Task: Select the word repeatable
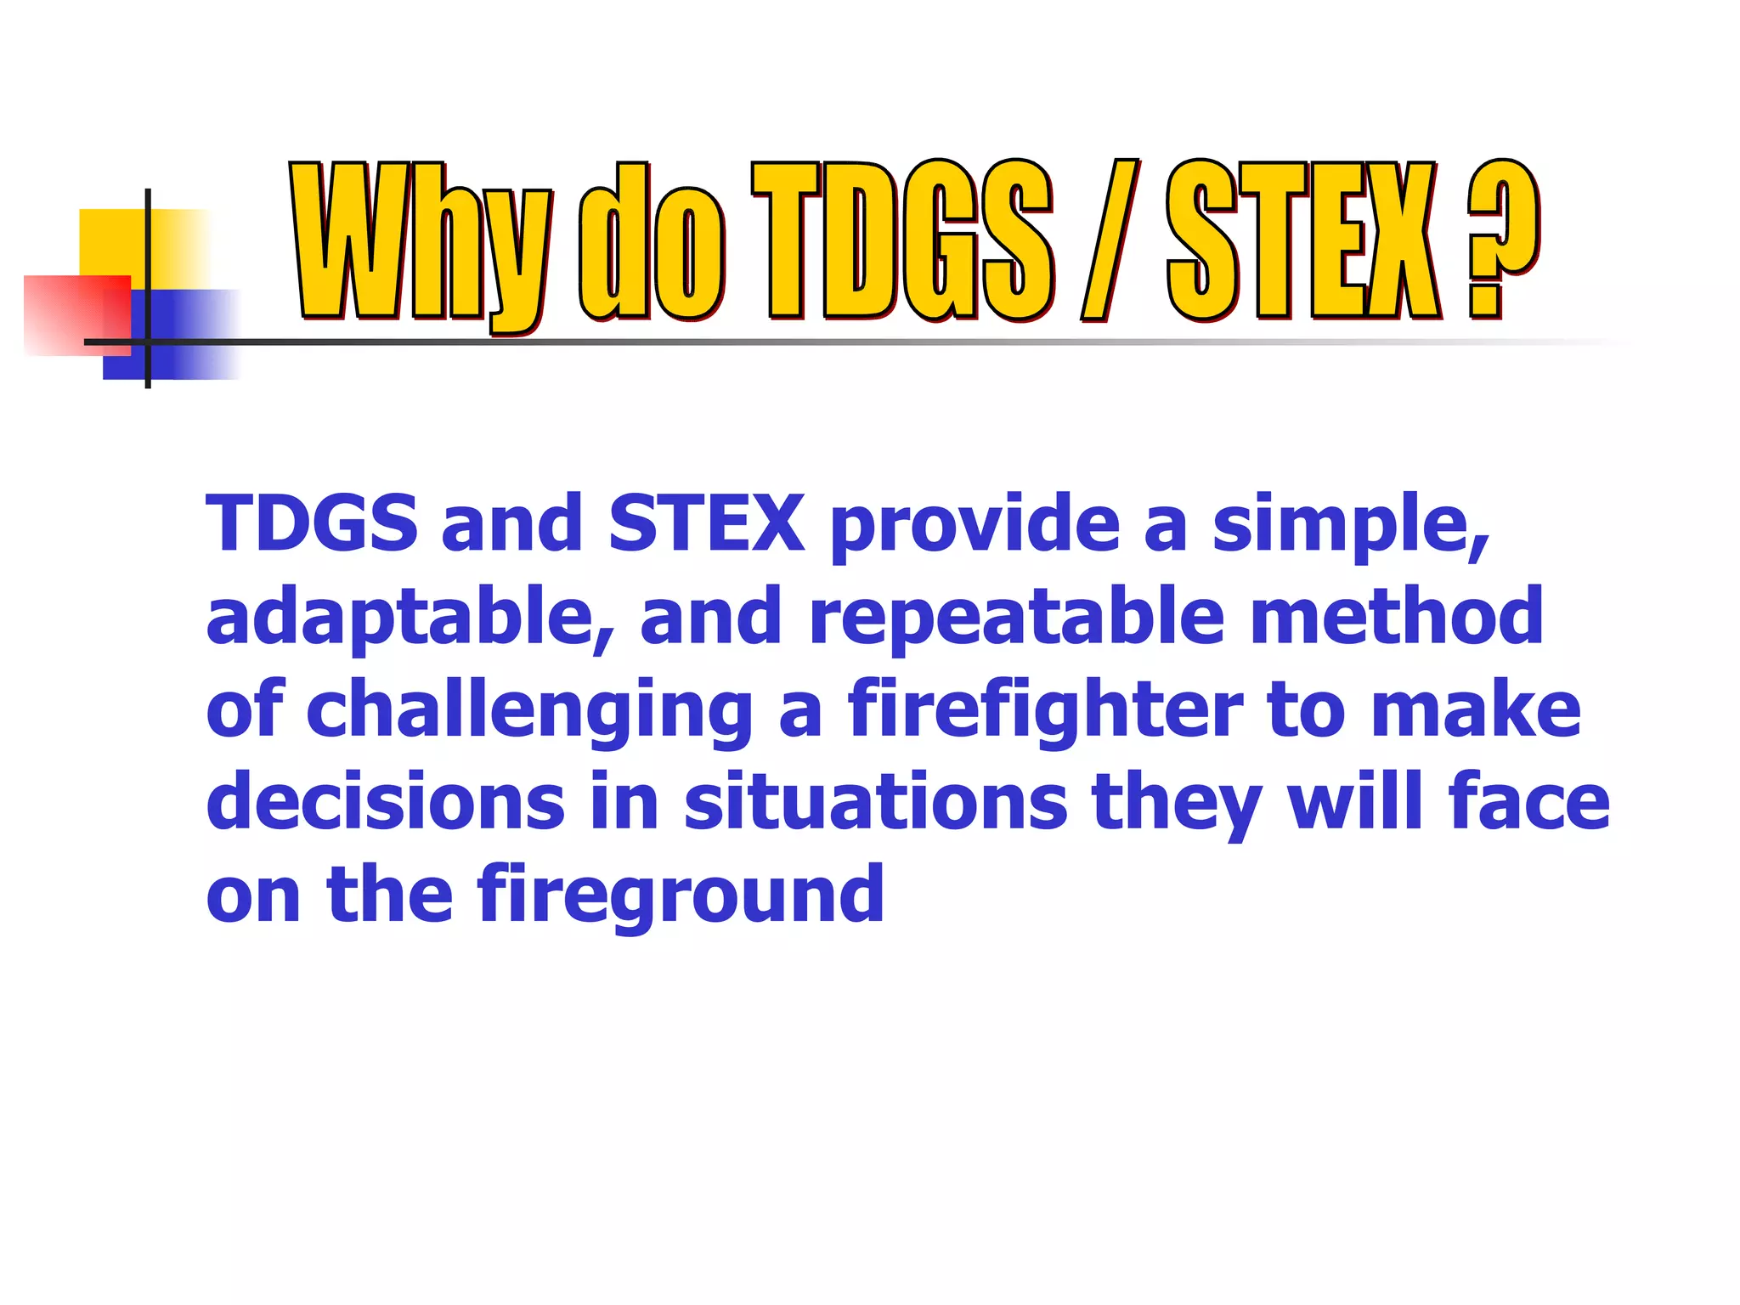(x=1016, y=618)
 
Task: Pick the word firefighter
(x=1044, y=710)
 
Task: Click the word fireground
(x=680, y=895)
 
